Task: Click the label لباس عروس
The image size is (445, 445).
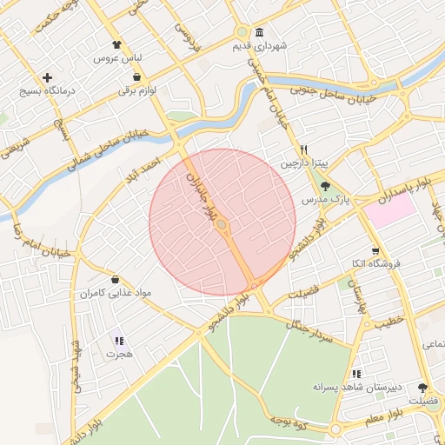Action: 117,58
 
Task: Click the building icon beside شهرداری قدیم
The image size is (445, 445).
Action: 260,33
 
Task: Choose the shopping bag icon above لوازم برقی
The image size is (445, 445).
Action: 138,77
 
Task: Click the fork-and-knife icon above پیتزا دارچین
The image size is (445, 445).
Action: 303,149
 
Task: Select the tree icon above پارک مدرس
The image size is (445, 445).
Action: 325,186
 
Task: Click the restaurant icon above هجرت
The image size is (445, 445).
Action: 119,341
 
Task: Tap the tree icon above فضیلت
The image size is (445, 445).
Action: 423,388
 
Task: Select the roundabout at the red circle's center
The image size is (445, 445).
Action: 222,226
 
